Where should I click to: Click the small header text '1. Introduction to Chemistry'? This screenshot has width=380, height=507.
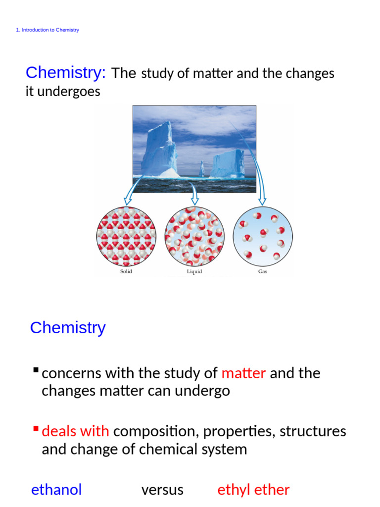coord(47,30)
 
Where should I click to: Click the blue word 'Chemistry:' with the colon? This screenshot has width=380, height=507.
coord(66,73)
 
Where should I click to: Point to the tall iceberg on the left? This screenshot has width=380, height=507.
coord(159,149)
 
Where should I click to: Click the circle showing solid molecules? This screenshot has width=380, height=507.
coord(126,237)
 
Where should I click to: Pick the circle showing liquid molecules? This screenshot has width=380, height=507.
coord(194,237)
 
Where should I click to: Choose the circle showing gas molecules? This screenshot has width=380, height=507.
coord(263,237)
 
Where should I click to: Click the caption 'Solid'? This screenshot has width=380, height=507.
coord(126,272)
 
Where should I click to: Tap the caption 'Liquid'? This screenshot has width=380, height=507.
coord(194,272)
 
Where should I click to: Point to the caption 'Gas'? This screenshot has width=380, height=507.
coord(263,272)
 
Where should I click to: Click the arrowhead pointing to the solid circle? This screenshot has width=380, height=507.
coord(127,201)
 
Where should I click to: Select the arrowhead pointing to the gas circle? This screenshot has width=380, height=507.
coord(262,201)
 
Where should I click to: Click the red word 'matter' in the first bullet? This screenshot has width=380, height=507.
coord(244,373)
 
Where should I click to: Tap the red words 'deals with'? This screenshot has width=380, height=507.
coord(76,431)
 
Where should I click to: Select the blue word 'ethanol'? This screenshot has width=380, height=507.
coord(56,490)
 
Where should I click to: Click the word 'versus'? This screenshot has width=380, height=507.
coord(162,490)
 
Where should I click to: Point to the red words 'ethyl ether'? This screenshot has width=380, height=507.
coord(253,490)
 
